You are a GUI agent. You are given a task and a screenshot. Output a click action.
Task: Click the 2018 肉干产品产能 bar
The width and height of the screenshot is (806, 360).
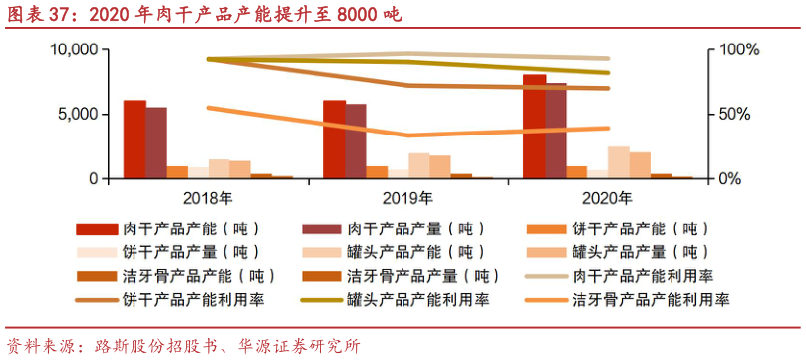(134, 139)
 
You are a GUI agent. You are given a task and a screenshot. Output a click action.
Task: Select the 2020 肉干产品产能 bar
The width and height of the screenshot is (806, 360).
(534, 127)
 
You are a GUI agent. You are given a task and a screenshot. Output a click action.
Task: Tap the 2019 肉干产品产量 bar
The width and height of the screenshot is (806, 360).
(356, 141)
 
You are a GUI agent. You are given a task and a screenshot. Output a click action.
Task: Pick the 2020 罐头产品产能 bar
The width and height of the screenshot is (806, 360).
(619, 162)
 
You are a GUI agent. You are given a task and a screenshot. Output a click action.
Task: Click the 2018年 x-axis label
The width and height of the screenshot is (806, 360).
(209, 195)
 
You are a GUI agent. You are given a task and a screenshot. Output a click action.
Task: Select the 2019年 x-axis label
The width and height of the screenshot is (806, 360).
(408, 195)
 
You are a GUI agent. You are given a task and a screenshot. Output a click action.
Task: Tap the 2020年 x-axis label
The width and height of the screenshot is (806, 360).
(608, 195)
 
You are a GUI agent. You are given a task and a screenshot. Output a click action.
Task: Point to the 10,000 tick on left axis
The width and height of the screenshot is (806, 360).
(74, 49)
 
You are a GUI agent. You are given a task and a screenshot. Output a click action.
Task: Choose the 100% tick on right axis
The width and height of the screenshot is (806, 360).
(738, 49)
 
